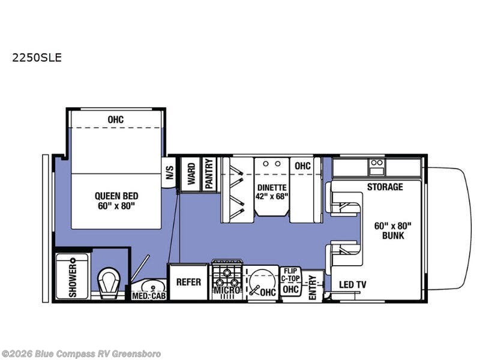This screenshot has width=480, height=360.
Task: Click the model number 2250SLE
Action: point(37,58)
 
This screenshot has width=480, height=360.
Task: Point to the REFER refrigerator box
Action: point(188,282)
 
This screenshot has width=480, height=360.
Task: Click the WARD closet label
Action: point(191,174)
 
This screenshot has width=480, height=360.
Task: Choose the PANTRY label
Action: point(209,174)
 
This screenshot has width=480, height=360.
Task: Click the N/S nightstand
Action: point(169,173)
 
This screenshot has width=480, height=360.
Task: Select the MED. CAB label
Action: point(149,296)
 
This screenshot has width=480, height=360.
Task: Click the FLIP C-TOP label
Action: point(290,275)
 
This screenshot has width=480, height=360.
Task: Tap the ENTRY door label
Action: point(312,287)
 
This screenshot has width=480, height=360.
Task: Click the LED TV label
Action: point(353,284)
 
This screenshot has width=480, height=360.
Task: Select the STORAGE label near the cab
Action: point(385,187)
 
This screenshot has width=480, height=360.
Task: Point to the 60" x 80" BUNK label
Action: point(393,231)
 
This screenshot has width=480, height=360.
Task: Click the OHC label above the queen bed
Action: point(116,119)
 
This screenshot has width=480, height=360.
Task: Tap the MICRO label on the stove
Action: point(227,290)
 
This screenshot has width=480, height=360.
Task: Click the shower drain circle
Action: point(73,261)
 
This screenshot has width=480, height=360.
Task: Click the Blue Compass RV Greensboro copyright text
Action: point(81,354)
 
